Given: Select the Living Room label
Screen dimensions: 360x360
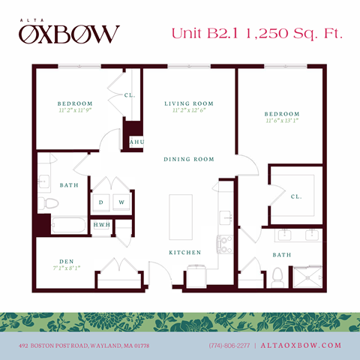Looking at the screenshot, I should (189, 103).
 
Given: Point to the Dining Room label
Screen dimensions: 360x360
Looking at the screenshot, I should (189, 159).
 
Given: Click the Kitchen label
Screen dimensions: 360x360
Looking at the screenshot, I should (184, 253).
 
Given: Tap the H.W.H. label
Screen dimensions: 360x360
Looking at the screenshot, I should (101, 225).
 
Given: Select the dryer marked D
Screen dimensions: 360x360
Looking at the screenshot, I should (101, 202).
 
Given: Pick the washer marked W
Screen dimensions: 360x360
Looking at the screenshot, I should (121, 202).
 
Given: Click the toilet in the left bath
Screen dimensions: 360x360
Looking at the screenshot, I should (49, 202).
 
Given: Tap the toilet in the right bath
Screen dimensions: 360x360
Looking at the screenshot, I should (278, 276).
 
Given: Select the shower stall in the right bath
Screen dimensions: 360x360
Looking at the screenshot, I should (307, 276).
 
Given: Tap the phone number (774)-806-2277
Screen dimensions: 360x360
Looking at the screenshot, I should (229, 345).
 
